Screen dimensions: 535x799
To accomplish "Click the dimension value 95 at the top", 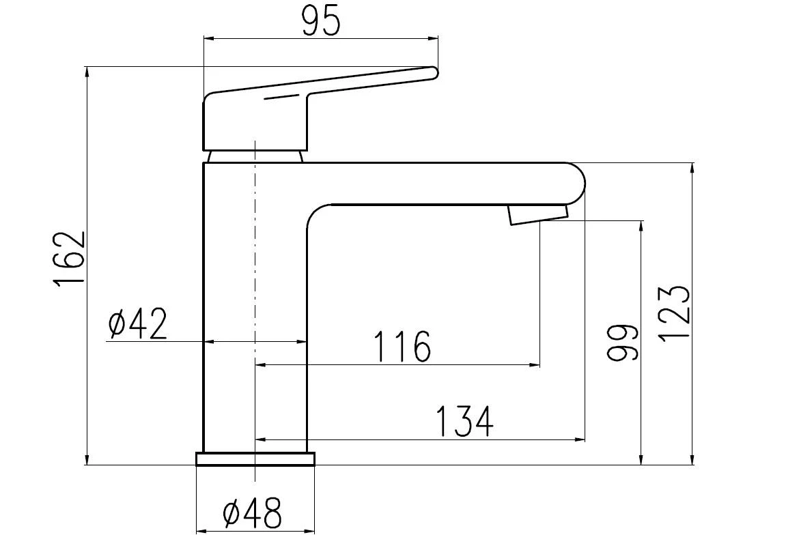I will pyautogui.click(x=320, y=22).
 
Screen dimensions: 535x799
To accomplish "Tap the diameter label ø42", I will pyautogui.click(x=138, y=324).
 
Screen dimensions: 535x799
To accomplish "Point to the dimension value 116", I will pyautogui.click(x=402, y=347).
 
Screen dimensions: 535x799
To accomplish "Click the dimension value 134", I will pyautogui.click(x=464, y=421).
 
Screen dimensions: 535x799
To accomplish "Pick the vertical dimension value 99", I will pyautogui.click(x=623, y=343).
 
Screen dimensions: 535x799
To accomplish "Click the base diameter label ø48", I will pyautogui.click(x=252, y=513).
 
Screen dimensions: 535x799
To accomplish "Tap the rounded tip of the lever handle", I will pyautogui.click(x=432, y=72).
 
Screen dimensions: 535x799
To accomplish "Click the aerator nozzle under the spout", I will pyautogui.click(x=537, y=214).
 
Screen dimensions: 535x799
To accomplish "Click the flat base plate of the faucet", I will pyautogui.click(x=255, y=459).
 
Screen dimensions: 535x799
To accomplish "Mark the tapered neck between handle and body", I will pyautogui.click(x=255, y=156).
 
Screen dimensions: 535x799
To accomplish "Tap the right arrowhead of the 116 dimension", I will pyautogui.click(x=536, y=365).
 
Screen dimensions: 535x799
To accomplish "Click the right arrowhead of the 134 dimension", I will pyautogui.click(x=581, y=440).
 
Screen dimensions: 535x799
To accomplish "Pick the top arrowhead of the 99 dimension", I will pyautogui.click(x=641, y=226).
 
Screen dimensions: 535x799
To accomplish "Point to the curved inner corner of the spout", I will pyautogui.click(x=316, y=214).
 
